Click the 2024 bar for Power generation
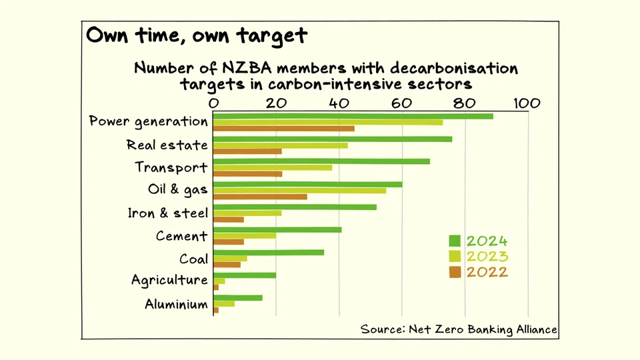[x=353, y=116]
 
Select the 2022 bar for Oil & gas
[x=261, y=197]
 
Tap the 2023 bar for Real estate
[x=281, y=145]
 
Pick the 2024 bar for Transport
[x=322, y=161]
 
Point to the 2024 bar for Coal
[x=269, y=252]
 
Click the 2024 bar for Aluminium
[x=238, y=297]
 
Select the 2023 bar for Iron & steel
[x=247, y=213]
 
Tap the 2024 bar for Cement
[x=277, y=229]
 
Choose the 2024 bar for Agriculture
[x=245, y=275]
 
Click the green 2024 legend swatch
[x=455, y=241]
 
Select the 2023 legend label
[x=487, y=257]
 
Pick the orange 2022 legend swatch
[x=455, y=272]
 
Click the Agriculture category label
[x=169, y=280]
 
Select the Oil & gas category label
[x=177, y=190]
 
